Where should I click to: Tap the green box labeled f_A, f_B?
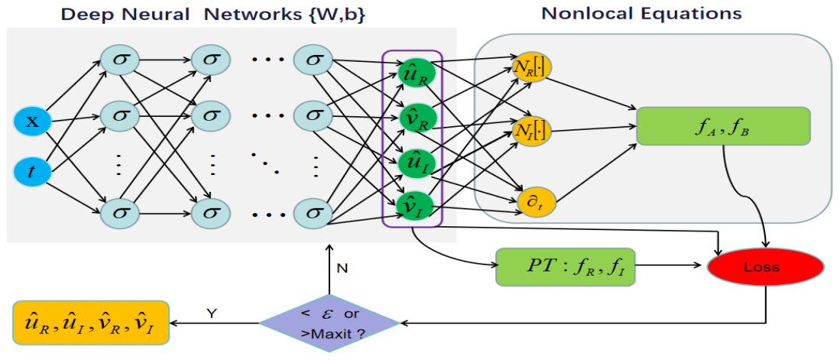[722, 126]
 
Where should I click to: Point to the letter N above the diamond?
[342, 268]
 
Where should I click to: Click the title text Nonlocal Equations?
[641, 13]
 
